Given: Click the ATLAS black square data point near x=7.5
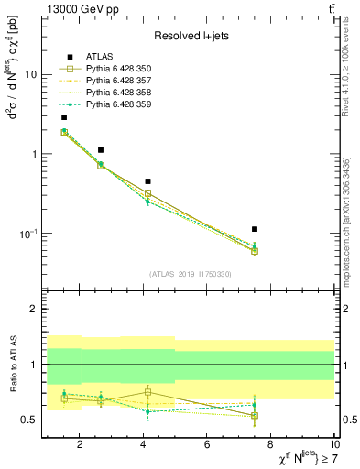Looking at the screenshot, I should click(x=255, y=229).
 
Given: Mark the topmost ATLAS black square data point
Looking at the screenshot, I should click(x=63, y=117).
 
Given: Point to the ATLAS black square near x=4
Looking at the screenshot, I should click(x=147, y=181).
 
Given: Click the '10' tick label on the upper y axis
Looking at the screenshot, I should click(x=30, y=75).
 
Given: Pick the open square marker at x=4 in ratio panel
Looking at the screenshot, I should click(x=147, y=392).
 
